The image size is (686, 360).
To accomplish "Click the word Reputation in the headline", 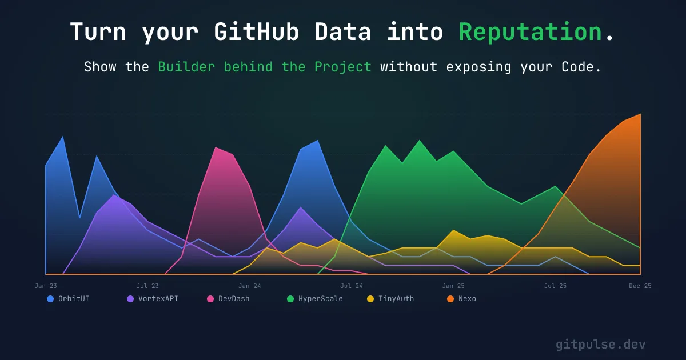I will [x=531, y=32].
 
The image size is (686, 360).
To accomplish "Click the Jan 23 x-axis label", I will [x=46, y=286].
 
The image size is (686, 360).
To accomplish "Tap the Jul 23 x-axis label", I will [x=147, y=286].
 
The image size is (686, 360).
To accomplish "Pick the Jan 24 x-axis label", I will [x=249, y=286].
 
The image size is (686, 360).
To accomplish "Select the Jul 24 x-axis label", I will [x=351, y=286].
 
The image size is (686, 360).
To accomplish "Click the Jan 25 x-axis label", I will [x=453, y=286].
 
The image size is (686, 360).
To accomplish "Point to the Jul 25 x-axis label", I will [x=555, y=286].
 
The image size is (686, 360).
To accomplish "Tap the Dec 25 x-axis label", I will [x=640, y=286].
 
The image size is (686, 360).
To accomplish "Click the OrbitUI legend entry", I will [x=73, y=299].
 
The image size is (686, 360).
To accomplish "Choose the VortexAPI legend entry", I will [x=158, y=299].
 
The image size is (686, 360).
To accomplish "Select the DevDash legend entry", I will [x=233, y=299].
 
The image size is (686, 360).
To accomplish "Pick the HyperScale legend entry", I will [x=320, y=299].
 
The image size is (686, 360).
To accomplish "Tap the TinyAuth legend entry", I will [x=396, y=299].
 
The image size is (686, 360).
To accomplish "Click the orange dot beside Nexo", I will [x=450, y=299].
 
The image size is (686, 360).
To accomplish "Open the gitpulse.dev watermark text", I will [x=601, y=345].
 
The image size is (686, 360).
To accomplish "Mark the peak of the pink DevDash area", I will [x=216, y=147].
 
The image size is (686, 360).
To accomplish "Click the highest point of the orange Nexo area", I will [x=640, y=114].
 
